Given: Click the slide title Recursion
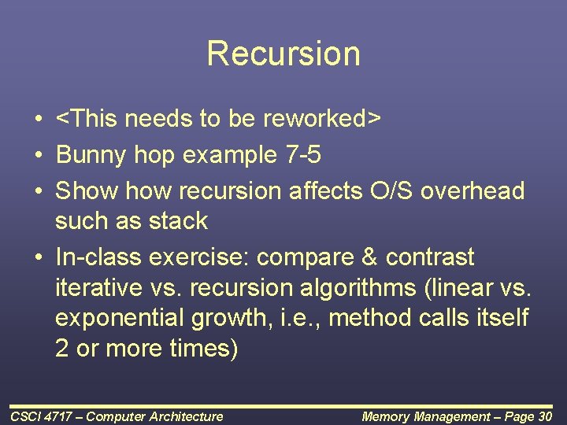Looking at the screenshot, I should click(x=283, y=54).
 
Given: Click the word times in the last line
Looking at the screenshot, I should click(x=202, y=349).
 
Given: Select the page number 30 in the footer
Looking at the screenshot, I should click(x=543, y=416).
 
